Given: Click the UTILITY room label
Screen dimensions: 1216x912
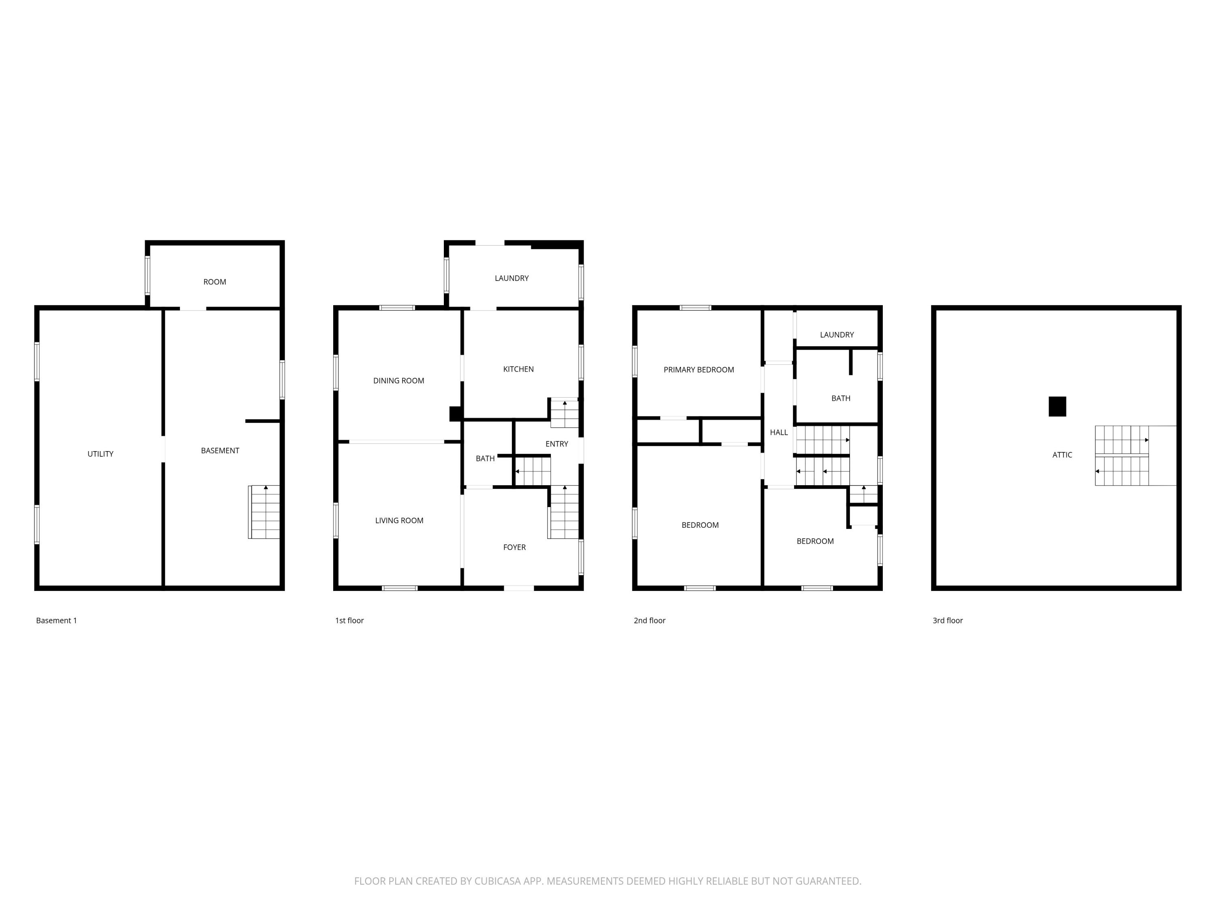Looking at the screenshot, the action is coord(101,454).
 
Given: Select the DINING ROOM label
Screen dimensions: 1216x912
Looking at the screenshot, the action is coord(398,381).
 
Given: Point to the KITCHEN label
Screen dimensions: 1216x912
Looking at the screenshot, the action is coord(518,369).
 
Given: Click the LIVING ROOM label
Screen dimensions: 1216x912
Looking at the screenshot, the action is coord(399,520).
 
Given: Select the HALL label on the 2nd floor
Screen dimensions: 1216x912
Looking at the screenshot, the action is coord(779,432).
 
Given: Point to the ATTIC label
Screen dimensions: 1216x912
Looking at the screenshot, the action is coord(1062,455).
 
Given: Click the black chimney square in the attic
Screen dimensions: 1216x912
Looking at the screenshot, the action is coord(1057,406).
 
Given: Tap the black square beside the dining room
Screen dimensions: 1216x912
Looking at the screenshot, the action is coord(455,414).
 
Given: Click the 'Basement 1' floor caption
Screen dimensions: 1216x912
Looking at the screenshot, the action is coord(57,621).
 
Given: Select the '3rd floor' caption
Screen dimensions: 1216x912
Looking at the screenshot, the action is coord(948,621).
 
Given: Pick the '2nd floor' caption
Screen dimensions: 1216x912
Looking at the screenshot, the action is coord(649,621).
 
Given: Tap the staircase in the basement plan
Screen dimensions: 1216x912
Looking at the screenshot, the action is coord(264,512).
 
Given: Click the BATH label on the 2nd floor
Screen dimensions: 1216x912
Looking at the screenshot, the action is coord(841,398).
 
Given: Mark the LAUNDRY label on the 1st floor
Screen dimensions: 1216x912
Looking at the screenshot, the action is coord(512,278).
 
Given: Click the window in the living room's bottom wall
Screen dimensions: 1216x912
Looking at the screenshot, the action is coord(400,588).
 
